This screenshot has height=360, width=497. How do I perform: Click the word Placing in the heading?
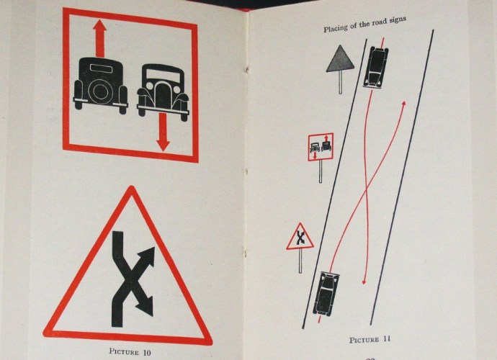337,28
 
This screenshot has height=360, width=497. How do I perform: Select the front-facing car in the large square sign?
162,90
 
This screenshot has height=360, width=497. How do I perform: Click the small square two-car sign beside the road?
320,146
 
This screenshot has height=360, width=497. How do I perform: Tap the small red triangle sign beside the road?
300,236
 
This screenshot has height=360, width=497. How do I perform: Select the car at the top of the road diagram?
376,67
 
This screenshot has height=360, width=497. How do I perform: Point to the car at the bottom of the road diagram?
326,293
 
